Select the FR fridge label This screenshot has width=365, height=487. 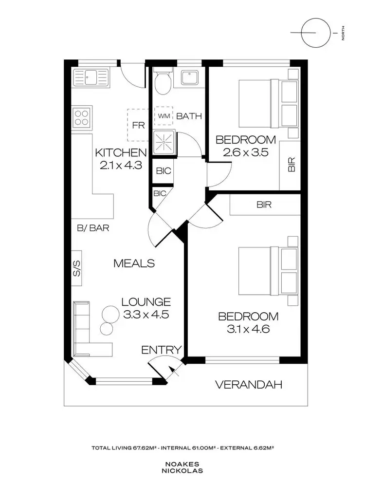point(139,125)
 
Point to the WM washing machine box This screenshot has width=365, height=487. point(163,116)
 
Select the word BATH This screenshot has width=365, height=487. point(189,116)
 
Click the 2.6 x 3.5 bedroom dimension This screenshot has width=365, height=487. point(245,152)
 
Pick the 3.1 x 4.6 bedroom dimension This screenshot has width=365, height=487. point(248,329)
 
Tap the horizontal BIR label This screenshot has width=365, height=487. point(264,205)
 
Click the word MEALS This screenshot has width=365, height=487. point(134,263)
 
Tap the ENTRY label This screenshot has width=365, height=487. point(161,350)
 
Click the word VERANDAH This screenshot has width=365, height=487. point(249,385)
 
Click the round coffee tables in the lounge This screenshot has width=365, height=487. point(109,317)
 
